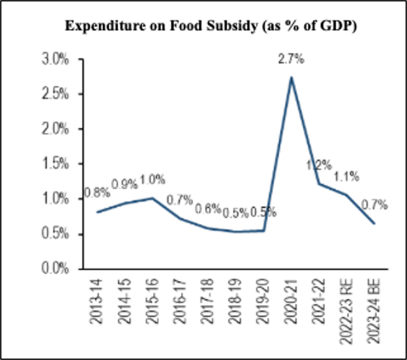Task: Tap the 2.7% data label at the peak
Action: coord(291,60)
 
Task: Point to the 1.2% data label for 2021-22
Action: coord(318,165)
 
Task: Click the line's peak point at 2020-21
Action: coord(291,78)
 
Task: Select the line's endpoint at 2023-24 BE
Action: coord(375,223)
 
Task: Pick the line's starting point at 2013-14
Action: coord(98,212)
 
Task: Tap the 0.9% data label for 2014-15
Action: coord(125,185)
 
